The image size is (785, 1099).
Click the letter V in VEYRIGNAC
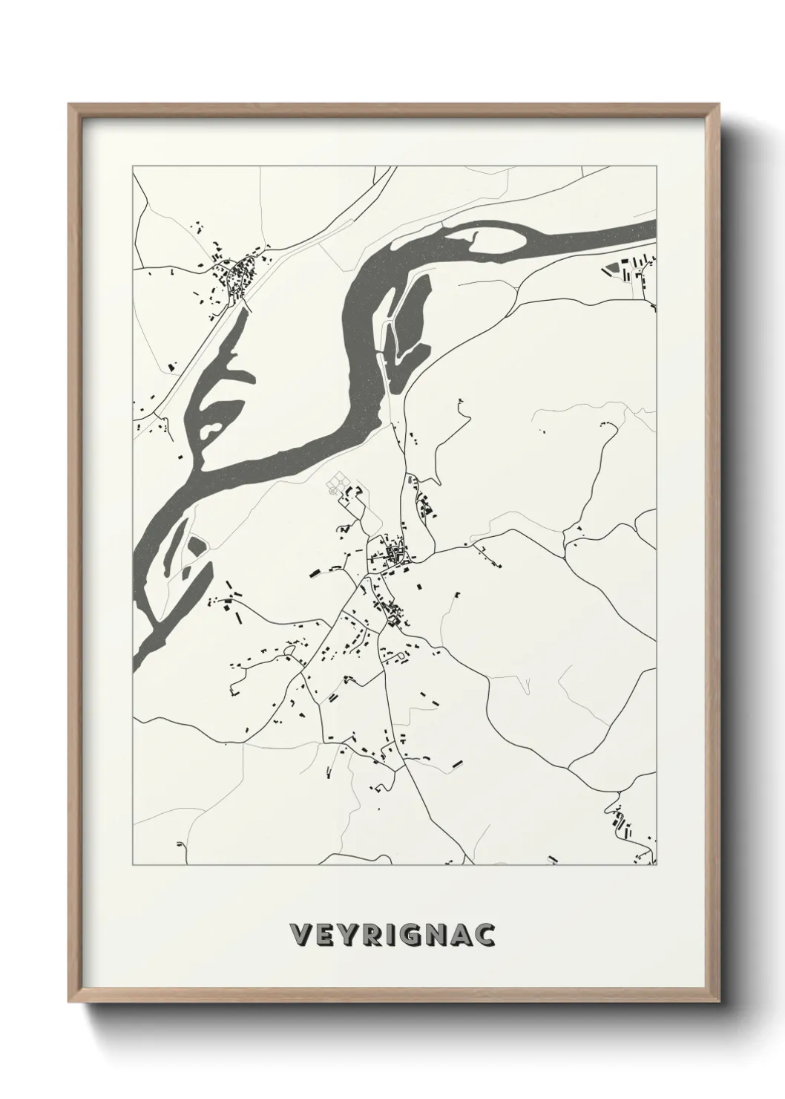point(300,935)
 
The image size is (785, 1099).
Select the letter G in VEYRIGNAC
point(413,935)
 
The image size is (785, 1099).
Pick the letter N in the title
point(437,935)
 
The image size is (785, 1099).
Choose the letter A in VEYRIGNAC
point(462,935)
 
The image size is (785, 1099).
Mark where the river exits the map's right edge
point(653,229)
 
